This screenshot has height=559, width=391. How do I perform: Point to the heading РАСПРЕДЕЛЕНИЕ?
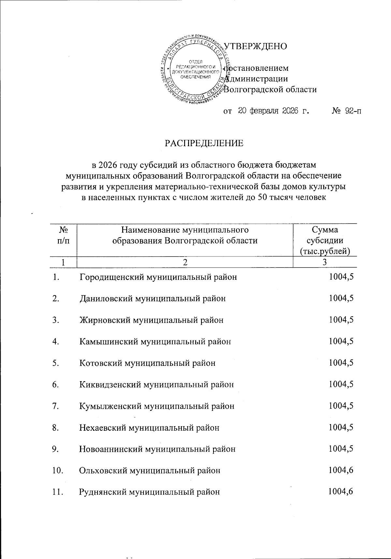click(x=204, y=143)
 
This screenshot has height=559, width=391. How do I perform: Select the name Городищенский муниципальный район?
click(x=158, y=277)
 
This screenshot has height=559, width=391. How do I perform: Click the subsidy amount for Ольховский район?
click(x=341, y=470)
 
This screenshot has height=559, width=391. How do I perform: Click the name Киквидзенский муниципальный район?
click(x=156, y=384)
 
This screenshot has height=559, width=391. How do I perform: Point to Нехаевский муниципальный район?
click(x=149, y=427)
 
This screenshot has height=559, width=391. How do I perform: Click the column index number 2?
click(x=185, y=263)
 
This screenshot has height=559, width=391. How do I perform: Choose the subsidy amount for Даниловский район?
click(x=341, y=298)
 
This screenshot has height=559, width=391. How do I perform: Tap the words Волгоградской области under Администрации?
click(x=271, y=89)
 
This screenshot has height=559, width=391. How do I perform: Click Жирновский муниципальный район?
click(x=152, y=320)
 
